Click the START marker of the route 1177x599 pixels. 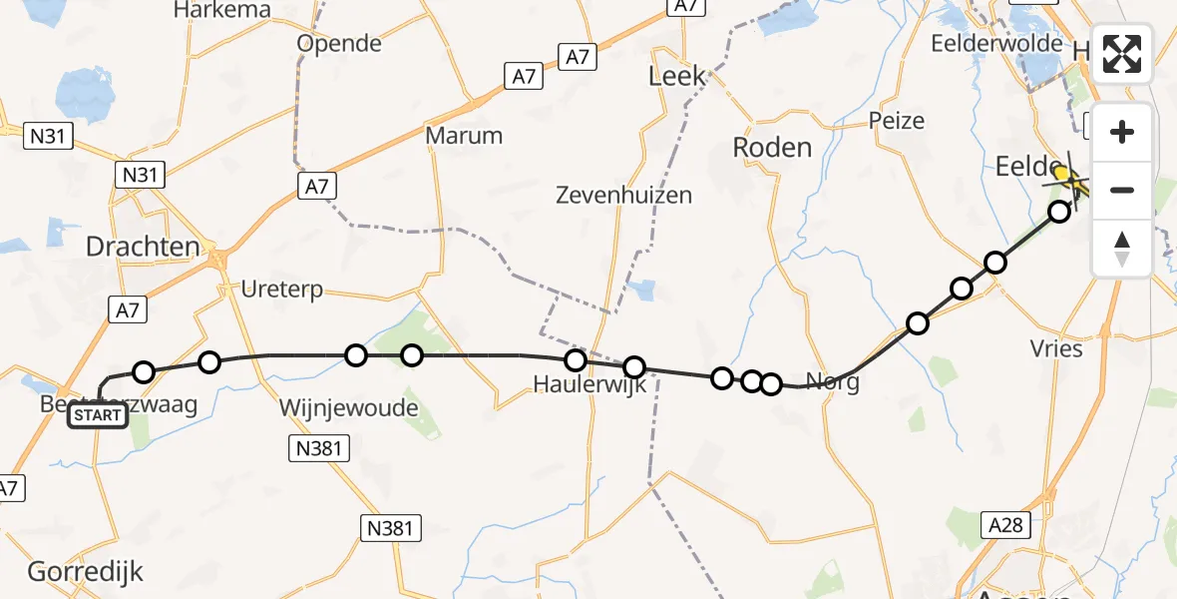[98, 415]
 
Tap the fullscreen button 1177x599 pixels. [1122, 55]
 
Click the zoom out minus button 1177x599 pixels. [1122, 190]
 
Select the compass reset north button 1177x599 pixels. [1122, 249]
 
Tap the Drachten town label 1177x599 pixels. [143, 248]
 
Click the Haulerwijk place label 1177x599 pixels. [589, 383]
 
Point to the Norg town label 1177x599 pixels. [832, 382]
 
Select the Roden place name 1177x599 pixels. [772, 148]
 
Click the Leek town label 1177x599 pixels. [676, 76]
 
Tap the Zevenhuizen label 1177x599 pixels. [624, 195]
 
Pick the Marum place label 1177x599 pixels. [464, 135]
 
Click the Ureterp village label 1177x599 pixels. [282, 290]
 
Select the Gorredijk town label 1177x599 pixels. [86, 572]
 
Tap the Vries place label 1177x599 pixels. [1056, 348]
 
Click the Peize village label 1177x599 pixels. [897, 121]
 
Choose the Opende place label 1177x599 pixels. [339, 44]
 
